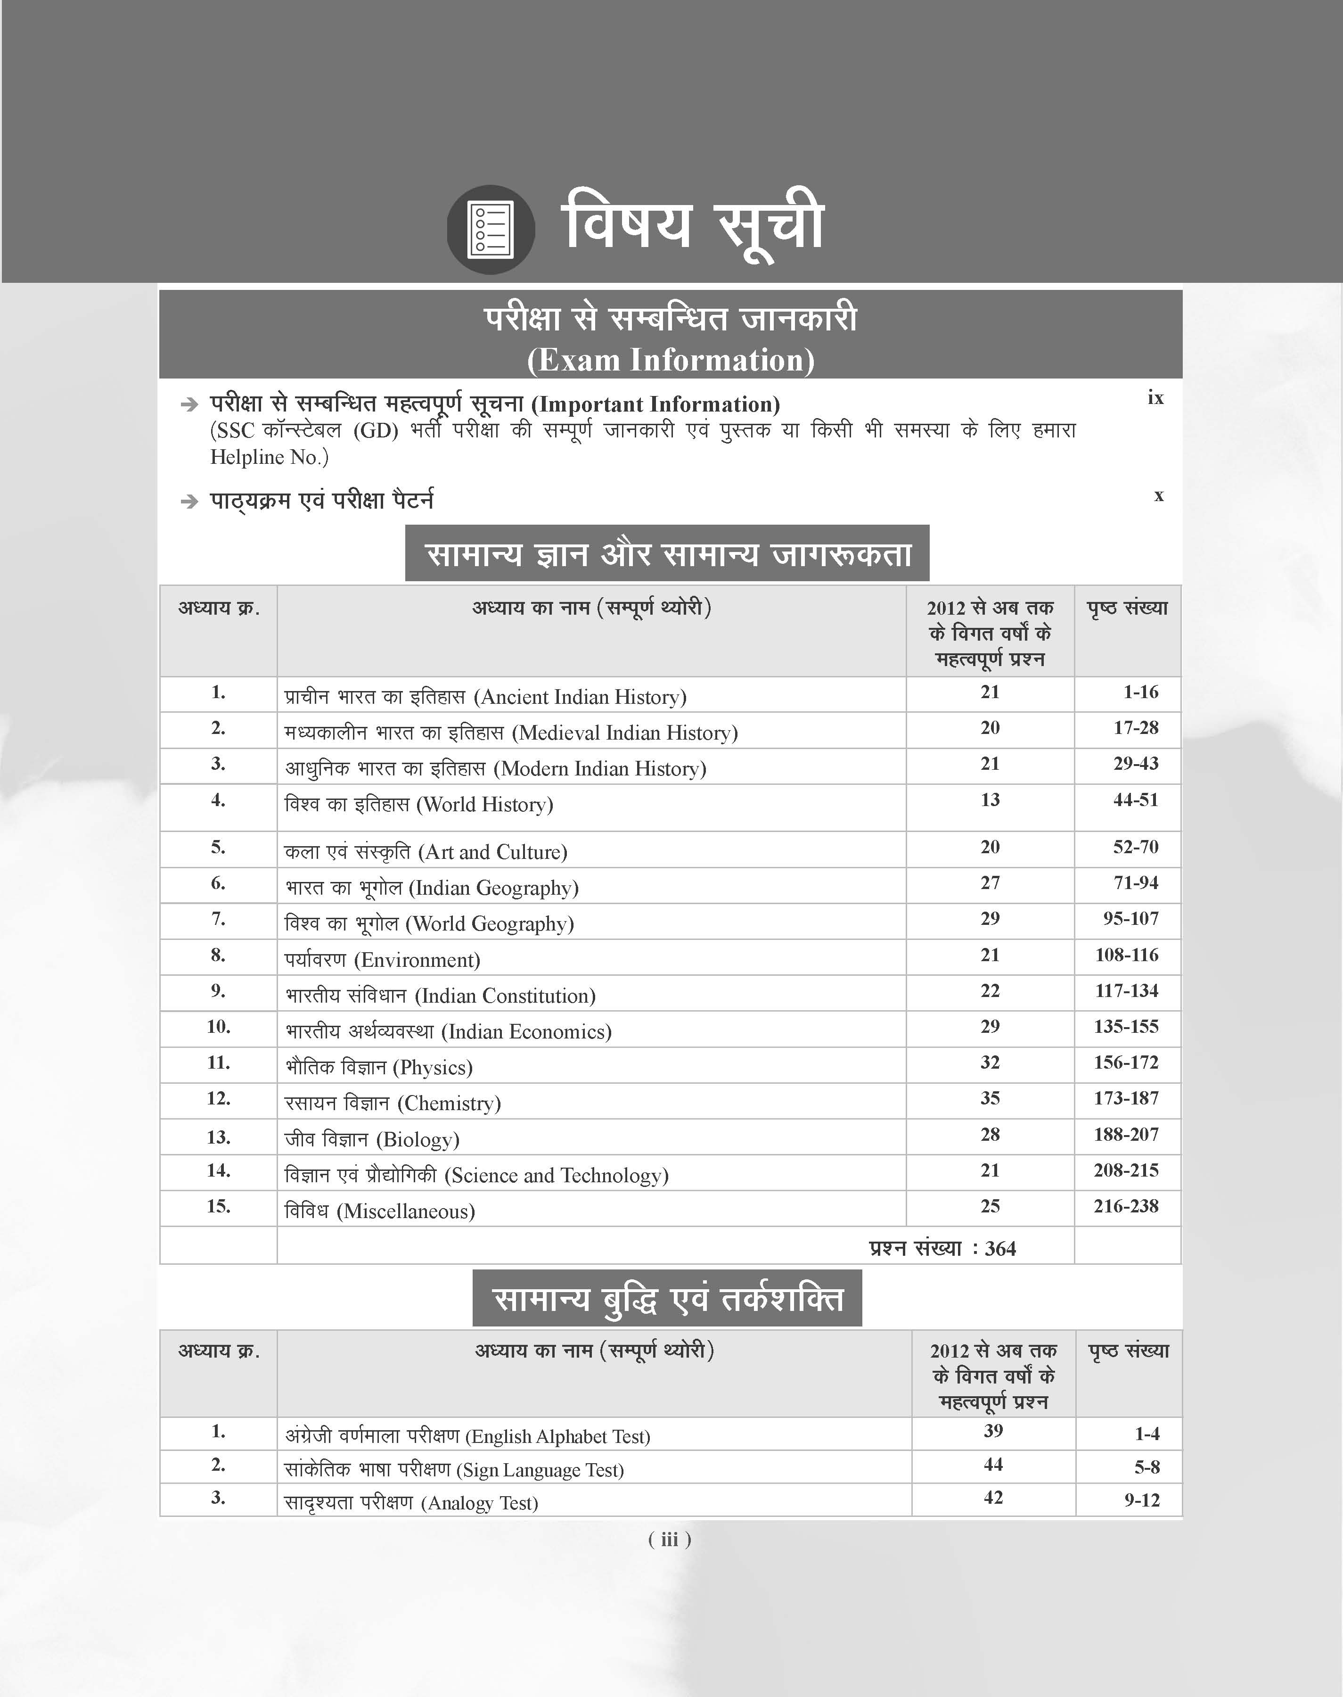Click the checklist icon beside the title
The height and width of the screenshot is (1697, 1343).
click(491, 230)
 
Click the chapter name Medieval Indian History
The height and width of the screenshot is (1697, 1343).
click(511, 733)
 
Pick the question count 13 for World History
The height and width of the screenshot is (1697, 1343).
click(990, 800)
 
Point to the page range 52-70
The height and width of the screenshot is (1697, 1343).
click(1135, 847)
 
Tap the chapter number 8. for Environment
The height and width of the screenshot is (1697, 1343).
click(218, 955)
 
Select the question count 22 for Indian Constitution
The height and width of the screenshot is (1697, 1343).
click(990, 991)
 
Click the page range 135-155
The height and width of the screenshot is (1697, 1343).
click(1126, 1026)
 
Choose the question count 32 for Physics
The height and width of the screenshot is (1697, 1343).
click(990, 1063)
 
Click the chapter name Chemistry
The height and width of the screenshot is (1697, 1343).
click(393, 1104)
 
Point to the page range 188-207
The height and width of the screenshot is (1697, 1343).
click(1126, 1134)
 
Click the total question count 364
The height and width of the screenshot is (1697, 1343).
click(1000, 1248)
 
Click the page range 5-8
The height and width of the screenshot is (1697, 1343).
click(1146, 1466)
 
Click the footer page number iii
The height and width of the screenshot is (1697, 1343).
click(669, 1539)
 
